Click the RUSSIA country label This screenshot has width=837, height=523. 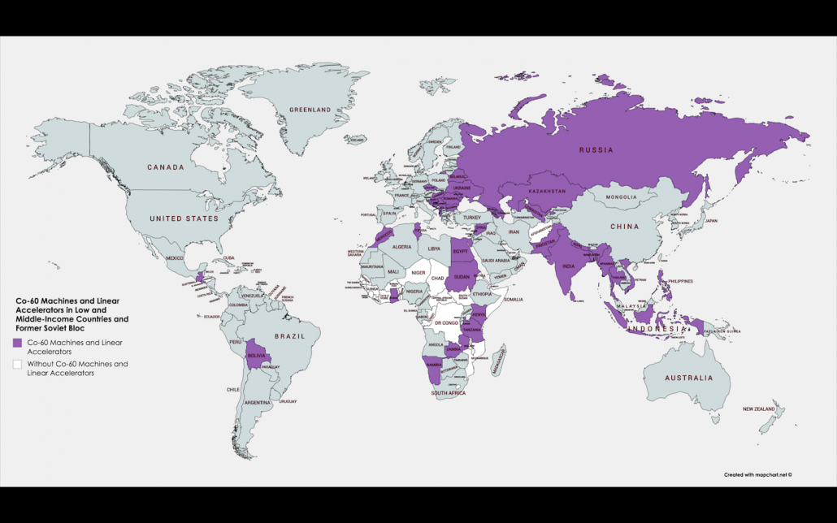[596, 149]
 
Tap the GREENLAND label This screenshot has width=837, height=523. [310, 110]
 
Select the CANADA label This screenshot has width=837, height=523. [165, 167]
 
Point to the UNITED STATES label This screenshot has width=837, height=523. [184, 218]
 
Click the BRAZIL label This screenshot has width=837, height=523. [289, 335]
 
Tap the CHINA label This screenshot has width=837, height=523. [625, 227]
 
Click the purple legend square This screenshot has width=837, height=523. [18, 343]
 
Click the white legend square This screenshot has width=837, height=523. [18, 365]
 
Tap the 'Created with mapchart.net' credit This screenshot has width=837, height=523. [757, 474]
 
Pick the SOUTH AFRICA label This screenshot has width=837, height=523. [448, 393]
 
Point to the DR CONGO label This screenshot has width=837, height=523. [448, 322]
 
